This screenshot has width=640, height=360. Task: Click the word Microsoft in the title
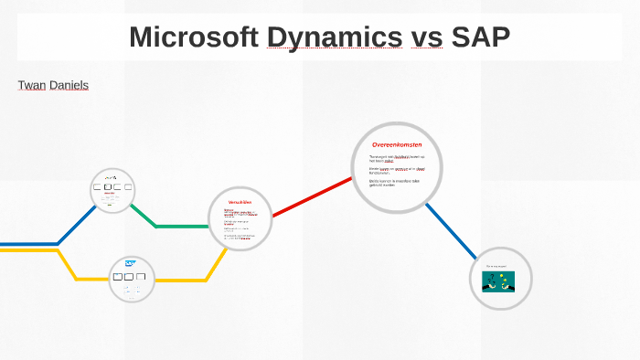point(194,37)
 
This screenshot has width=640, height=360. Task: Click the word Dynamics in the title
point(335,37)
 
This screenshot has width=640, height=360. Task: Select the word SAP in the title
point(479,37)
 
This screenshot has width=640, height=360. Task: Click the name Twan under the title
point(31,85)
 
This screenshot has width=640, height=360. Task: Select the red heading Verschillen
point(240,202)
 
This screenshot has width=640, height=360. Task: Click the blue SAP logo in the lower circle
point(130,264)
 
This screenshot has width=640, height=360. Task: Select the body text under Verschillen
point(240,223)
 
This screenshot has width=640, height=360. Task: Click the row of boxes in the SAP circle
point(131,275)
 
